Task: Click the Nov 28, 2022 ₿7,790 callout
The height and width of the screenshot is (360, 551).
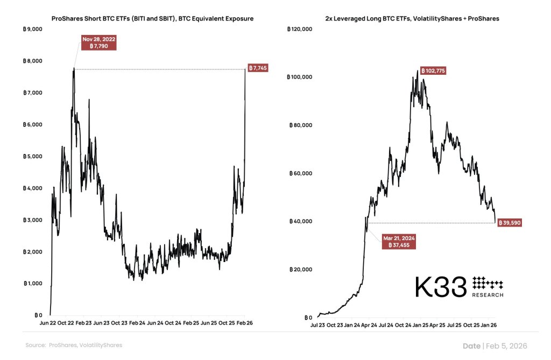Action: [98, 43]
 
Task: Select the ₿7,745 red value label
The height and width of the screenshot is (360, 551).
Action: [258, 68]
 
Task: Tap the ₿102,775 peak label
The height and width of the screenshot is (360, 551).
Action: [433, 71]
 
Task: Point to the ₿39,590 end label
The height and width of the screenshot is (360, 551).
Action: [508, 222]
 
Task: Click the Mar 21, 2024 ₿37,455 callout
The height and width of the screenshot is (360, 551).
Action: [399, 241]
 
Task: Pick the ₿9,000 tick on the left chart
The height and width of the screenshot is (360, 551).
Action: [34, 29]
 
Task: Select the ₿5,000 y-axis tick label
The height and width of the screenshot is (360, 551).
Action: [34, 157]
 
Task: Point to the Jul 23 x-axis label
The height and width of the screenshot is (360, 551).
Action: [317, 325]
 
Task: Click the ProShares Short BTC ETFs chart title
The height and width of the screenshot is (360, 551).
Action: [152, 18]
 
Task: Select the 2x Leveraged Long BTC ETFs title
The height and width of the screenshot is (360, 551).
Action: [412, 18]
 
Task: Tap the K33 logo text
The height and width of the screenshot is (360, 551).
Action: [440, 288]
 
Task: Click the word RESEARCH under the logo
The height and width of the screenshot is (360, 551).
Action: [488, 295]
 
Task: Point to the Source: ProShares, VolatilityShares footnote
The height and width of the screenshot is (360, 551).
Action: [74, 345]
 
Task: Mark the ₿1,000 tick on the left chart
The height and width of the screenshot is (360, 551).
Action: [34, 284]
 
